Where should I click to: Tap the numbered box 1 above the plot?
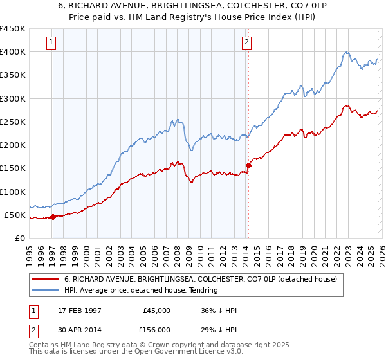pyautogui.click(x=51, y=43)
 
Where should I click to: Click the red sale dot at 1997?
pyautogui.click(x=53, y=217)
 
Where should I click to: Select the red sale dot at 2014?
pyautogui.click(x=248, y=165)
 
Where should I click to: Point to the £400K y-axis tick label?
pyautogui.click(x=13, y=52)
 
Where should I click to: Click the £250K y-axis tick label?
pyautogui.click(x=13, y=122)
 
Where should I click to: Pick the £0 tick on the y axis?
pyautogui.click(x=19, y=238)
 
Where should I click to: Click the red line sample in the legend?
pyautogui.click(x=46, y=280)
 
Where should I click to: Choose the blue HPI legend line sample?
pyautogui.click(x=46, y=291)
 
